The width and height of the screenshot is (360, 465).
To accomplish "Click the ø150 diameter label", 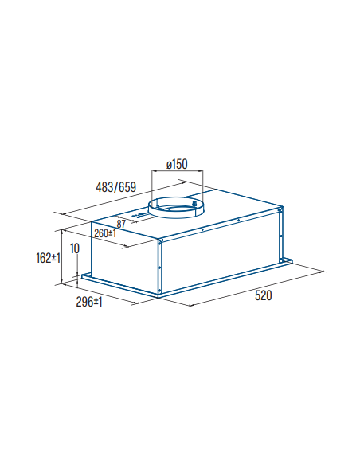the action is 177,164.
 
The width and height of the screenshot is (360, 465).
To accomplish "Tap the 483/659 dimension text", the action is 116,187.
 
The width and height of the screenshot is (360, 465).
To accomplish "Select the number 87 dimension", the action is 121,224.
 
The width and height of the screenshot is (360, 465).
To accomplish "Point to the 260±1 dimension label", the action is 105,233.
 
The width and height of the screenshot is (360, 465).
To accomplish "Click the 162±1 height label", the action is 48,258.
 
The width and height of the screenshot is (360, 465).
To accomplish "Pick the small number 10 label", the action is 75,248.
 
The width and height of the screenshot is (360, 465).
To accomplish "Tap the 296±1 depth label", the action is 89,302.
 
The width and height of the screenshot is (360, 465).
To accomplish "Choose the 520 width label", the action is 263,295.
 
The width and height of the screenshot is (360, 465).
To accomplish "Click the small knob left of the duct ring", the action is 139,215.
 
